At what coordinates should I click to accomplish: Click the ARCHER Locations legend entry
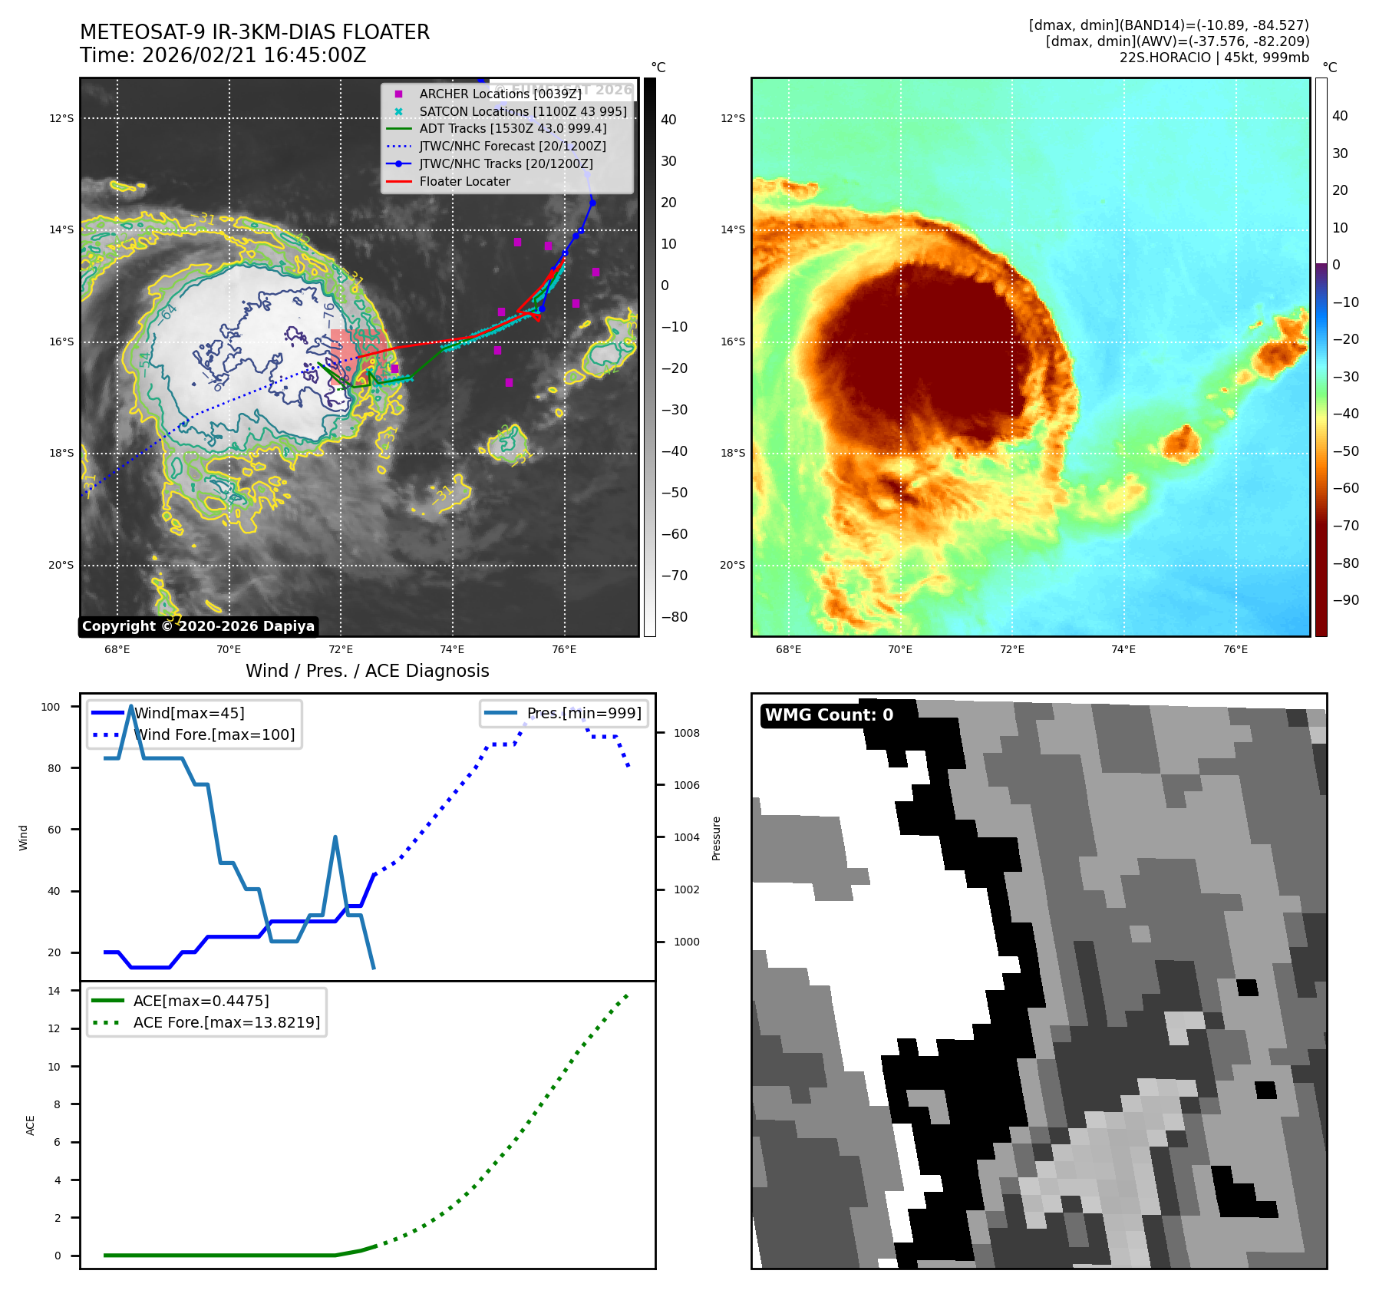[500, 94]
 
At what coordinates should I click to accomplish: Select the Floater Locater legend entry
[464, 181]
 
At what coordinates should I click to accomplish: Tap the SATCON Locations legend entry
[523, 111]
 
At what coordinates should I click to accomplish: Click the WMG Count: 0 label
[829, 715]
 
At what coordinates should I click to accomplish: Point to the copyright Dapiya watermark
[198, 626]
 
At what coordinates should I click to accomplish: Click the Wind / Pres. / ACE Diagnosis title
[367, 671]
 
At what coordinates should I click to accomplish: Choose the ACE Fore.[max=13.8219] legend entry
[226, 1022]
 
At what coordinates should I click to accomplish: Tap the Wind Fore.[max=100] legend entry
[214, 734]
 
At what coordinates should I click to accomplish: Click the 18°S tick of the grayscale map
[61, 453]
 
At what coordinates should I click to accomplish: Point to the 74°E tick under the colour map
[1123, 649]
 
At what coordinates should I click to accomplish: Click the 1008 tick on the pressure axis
[686, 733]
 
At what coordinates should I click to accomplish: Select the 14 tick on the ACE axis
[54, 991]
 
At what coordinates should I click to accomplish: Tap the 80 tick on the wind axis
[54, 768]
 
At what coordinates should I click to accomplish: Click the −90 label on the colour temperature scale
[1345, 600]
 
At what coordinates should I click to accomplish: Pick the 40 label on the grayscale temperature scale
[668, 120]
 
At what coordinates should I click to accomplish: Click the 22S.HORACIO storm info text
[1214, 58]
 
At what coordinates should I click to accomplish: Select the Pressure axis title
[716, 838]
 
